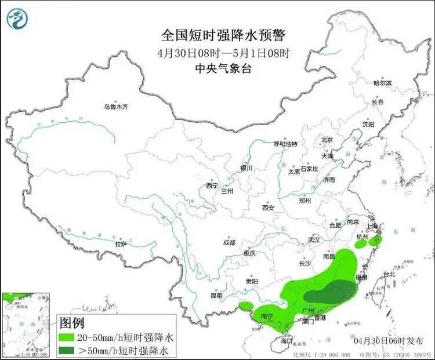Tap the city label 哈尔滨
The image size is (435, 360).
click(382, 83)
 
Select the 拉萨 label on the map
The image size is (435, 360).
click(121, 244)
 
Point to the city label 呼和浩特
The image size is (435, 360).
click(285, 144)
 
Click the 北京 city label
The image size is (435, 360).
click(327, 140)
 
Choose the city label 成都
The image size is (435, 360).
click(229, 243)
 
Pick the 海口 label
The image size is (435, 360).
click(287, 341)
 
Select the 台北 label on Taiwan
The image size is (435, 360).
click(388, 274)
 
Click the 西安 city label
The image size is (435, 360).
click(267, 207)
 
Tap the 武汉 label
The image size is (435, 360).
click(314, 239)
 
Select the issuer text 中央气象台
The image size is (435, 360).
click(223, 67)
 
